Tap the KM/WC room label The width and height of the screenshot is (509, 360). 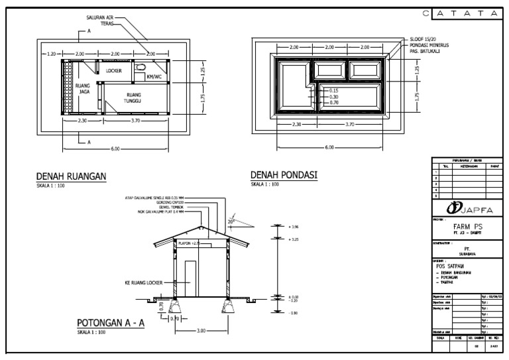[154, 76]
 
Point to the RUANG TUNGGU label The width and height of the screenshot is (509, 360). [134, 98]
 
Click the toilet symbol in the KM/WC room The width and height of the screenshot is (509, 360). [140, 68]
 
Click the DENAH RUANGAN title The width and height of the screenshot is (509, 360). [71, 176]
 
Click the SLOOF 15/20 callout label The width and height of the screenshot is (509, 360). [424, 40]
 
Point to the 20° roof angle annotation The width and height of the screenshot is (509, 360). [230, 221]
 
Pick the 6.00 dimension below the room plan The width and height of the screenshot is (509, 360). [115, 149]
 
